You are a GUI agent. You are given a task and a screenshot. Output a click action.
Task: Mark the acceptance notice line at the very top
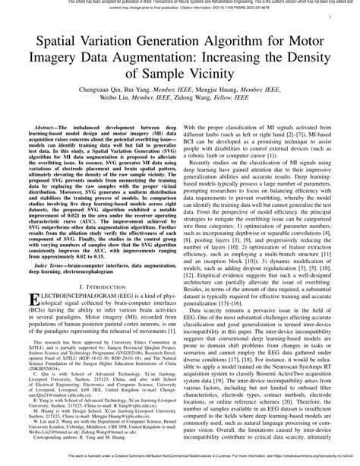pyautogui.click(x=180, y=2)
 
